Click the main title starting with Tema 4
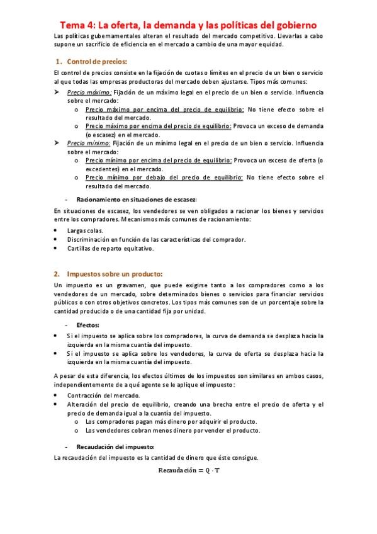point(188,25)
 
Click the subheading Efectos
point(87,325)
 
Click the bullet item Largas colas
point(86,230)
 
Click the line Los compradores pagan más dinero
point(171,421)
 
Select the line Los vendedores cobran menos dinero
point(171,430)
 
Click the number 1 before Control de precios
point(58,62)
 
